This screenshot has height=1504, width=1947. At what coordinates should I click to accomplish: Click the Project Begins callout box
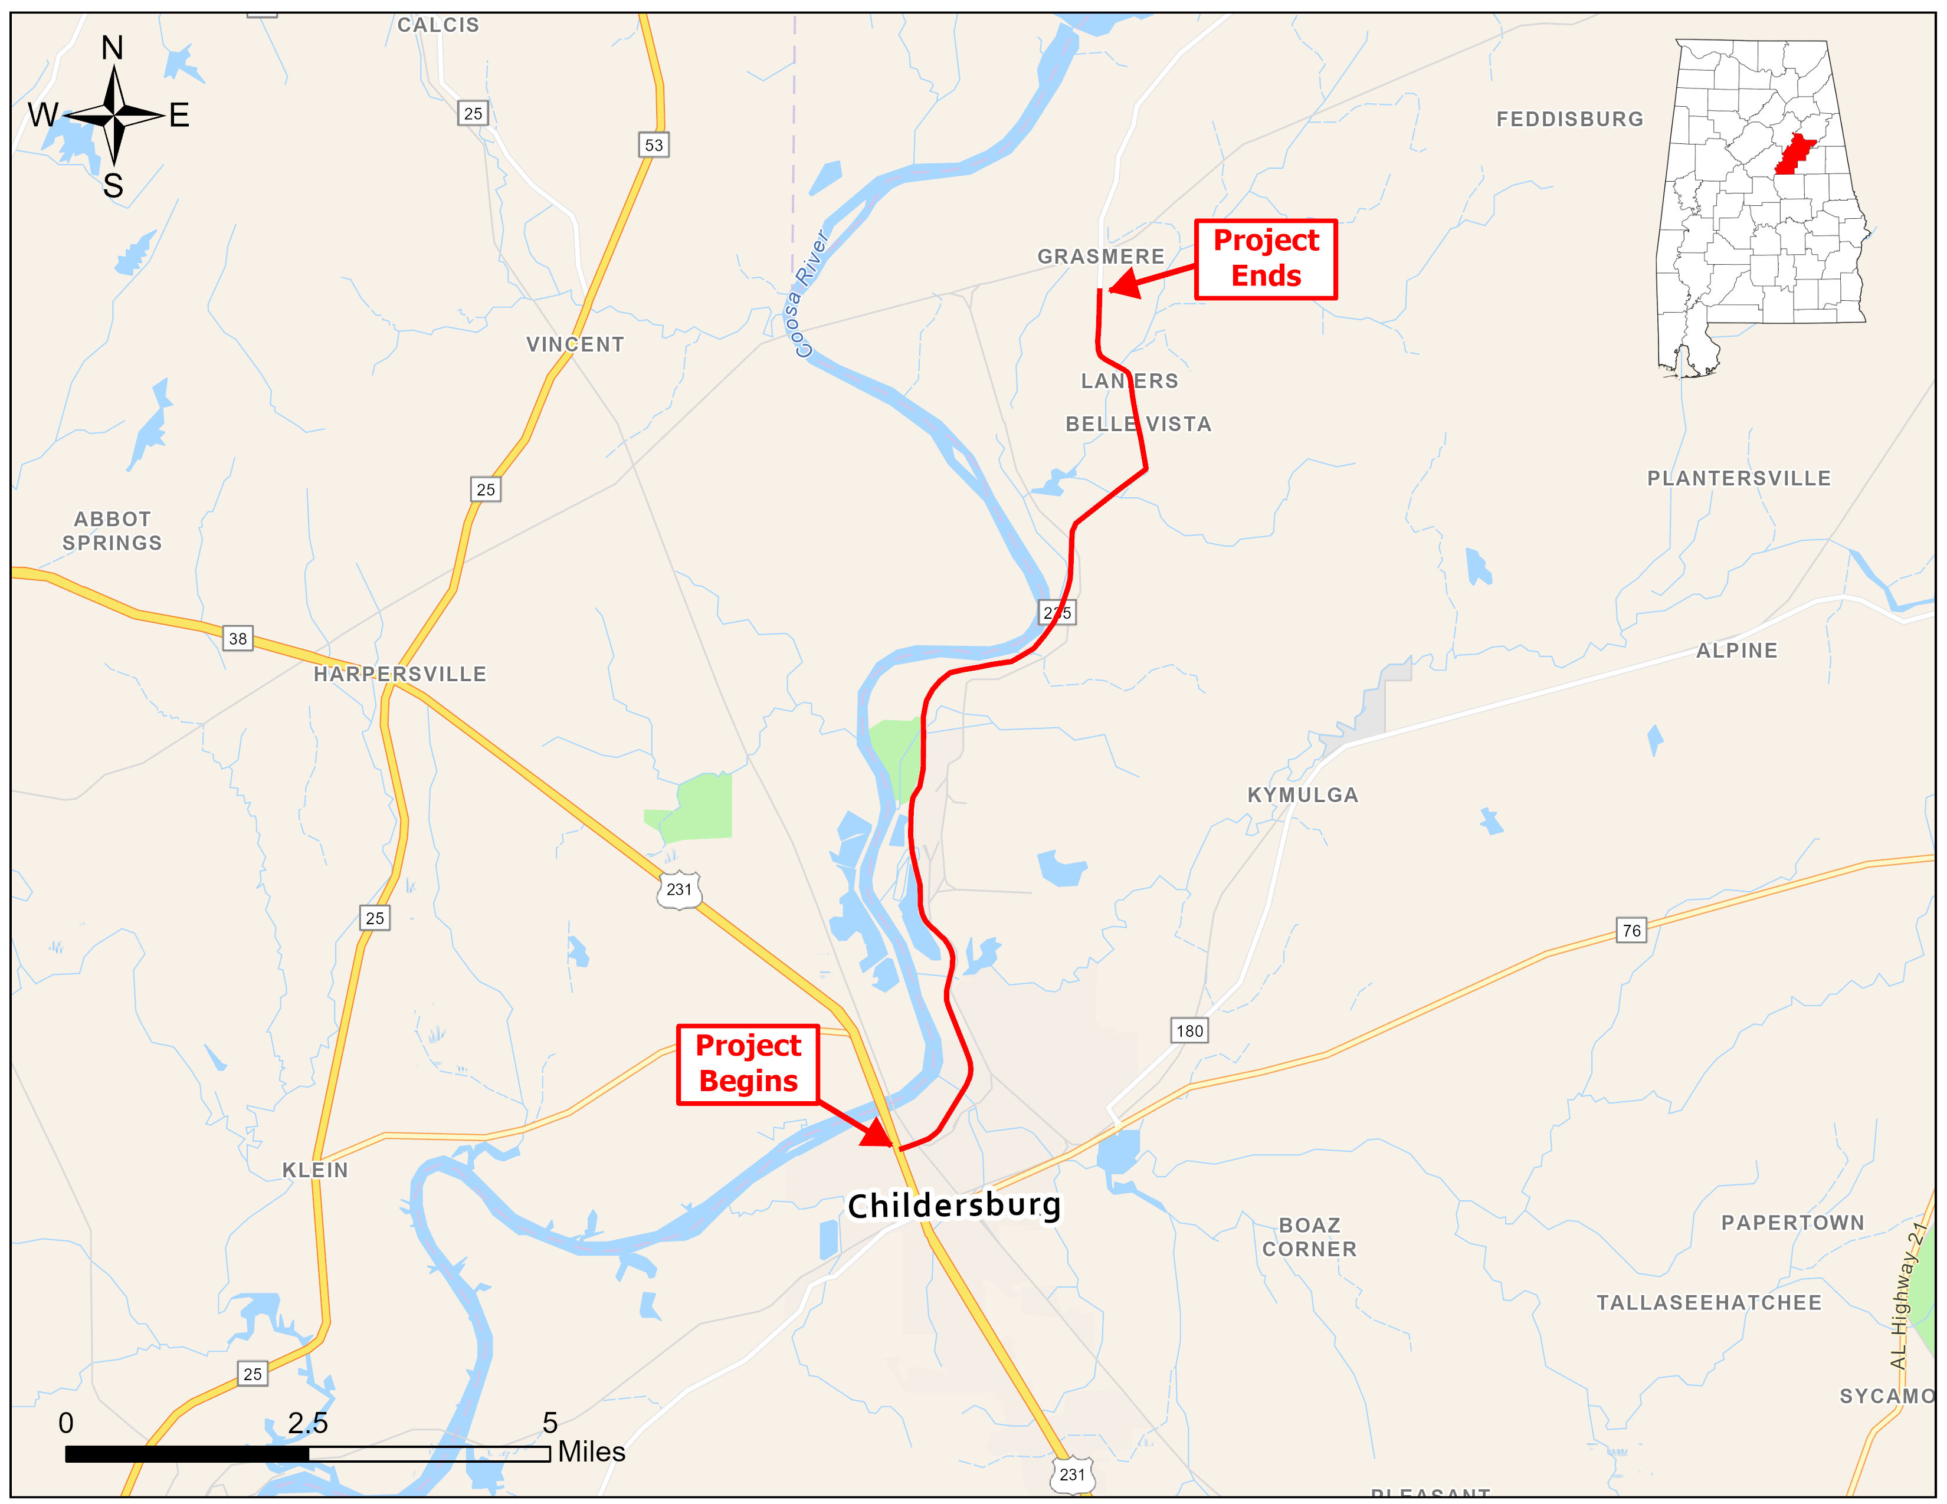tap(748, 1064)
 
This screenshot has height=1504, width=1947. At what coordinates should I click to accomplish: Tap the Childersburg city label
tap(954, 1206)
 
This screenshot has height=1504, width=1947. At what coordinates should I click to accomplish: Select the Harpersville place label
tap(399, 675)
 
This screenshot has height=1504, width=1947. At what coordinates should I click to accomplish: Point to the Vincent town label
tap(575, 345)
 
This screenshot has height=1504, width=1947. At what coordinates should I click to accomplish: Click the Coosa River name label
tap(808, 294)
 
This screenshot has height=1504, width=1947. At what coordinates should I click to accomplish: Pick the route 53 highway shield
tap(654, 145)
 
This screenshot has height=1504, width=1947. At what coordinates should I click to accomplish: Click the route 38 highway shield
tap(237, 639)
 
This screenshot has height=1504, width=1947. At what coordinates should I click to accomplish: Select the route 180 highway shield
tap(1189, 1031)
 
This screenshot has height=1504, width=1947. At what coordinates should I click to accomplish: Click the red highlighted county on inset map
tap(1794, 154)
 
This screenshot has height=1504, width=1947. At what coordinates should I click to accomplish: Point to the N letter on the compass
tap(112, 48)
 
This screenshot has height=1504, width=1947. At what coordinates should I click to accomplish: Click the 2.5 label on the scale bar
tap(307, 1423)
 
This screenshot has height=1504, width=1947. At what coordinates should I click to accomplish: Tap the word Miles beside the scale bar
tap(591, 1452)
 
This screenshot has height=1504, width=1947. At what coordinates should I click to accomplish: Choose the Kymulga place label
tap(1303, 795)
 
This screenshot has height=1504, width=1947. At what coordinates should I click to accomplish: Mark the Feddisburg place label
tap(1569, 119)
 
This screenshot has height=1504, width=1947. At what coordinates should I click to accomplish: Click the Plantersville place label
tap(1738, 478)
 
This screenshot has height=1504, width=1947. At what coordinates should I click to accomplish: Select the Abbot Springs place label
tap(112, 531)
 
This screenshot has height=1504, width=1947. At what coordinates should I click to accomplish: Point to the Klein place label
tap(314, 1170)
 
